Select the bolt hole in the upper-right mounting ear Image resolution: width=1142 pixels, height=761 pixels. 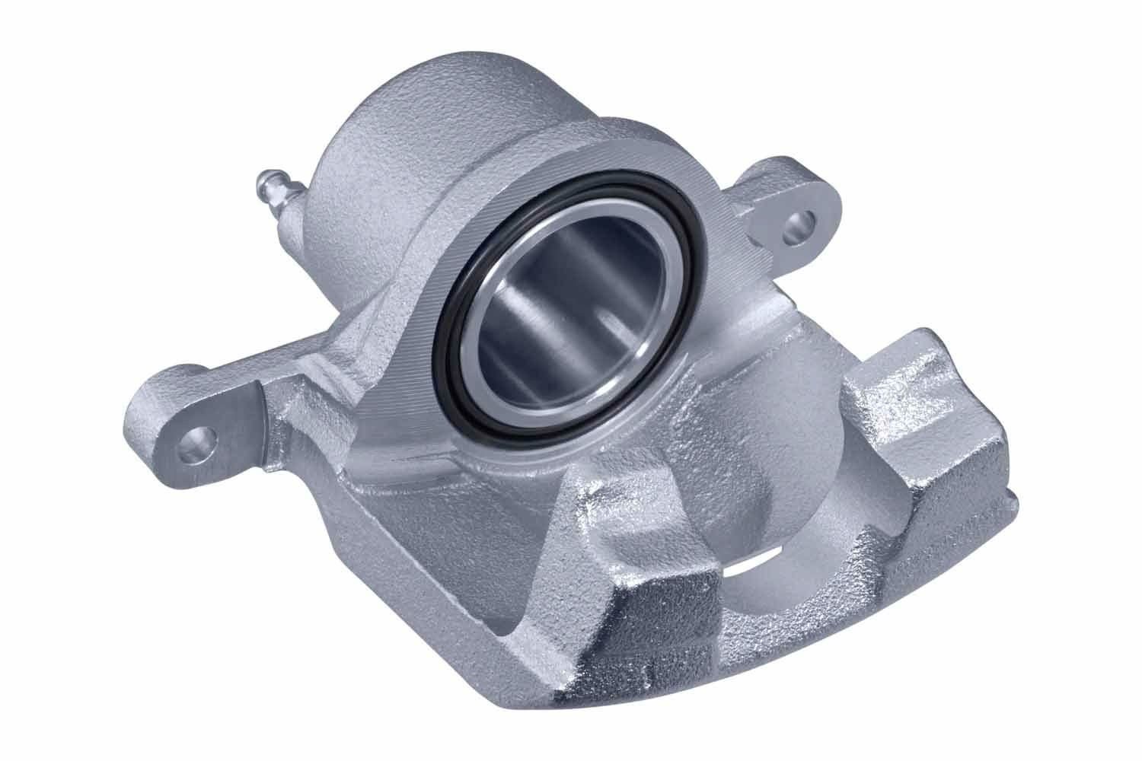[799, 223]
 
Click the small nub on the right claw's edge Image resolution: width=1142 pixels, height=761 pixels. [1011, 499]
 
